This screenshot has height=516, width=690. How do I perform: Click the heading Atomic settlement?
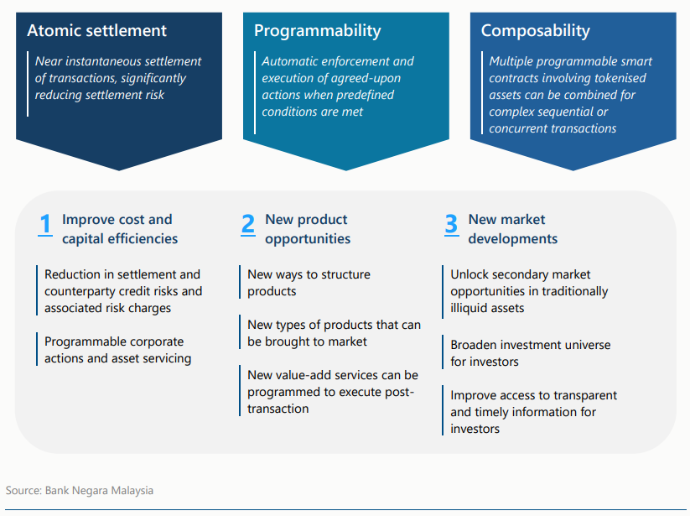pos(96,31)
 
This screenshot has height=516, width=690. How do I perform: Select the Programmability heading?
pos(317,31)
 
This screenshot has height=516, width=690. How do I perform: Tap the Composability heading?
pos(535,31)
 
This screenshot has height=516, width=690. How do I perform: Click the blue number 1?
pos(46,225)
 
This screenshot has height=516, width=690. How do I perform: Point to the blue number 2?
pos(248,225)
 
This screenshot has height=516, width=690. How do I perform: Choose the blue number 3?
pos(451,225)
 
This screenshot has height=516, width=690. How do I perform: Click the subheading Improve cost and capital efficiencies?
pos(119,229)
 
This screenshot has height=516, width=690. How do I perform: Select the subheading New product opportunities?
pos(307,229)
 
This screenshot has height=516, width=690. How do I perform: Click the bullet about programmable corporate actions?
pos(117,350)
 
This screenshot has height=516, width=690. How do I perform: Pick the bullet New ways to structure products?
pos(309,283)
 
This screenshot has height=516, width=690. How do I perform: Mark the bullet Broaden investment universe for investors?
pos(530,353)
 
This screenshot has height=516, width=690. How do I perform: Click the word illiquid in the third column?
pos(474,308)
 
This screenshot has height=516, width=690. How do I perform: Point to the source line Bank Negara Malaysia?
pos(80,490)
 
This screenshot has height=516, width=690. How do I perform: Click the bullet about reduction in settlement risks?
pos(122,291)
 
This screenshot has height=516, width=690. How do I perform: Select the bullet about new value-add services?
pos(332,392)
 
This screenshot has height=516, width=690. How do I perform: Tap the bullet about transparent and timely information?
pos(533,412)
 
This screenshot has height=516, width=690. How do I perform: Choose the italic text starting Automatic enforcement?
pos(337,86)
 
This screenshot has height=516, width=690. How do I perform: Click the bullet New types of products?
pos(334,333)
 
